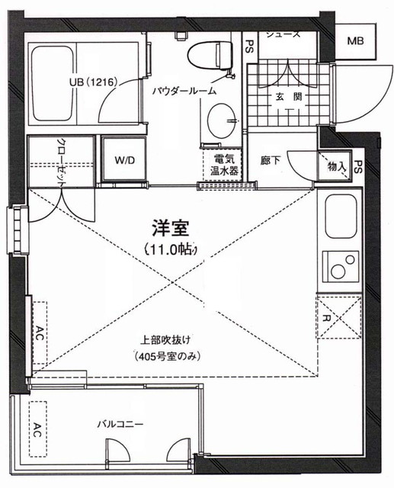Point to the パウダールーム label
coord(183,90)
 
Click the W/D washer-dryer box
coord(124,160)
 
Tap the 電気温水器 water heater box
coord(226,165)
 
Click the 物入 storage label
coord(336,165)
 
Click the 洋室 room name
coord(171,228)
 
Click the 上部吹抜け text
coord(165,341)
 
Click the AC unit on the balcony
coord(35,430)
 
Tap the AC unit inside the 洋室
coord(37,332)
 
